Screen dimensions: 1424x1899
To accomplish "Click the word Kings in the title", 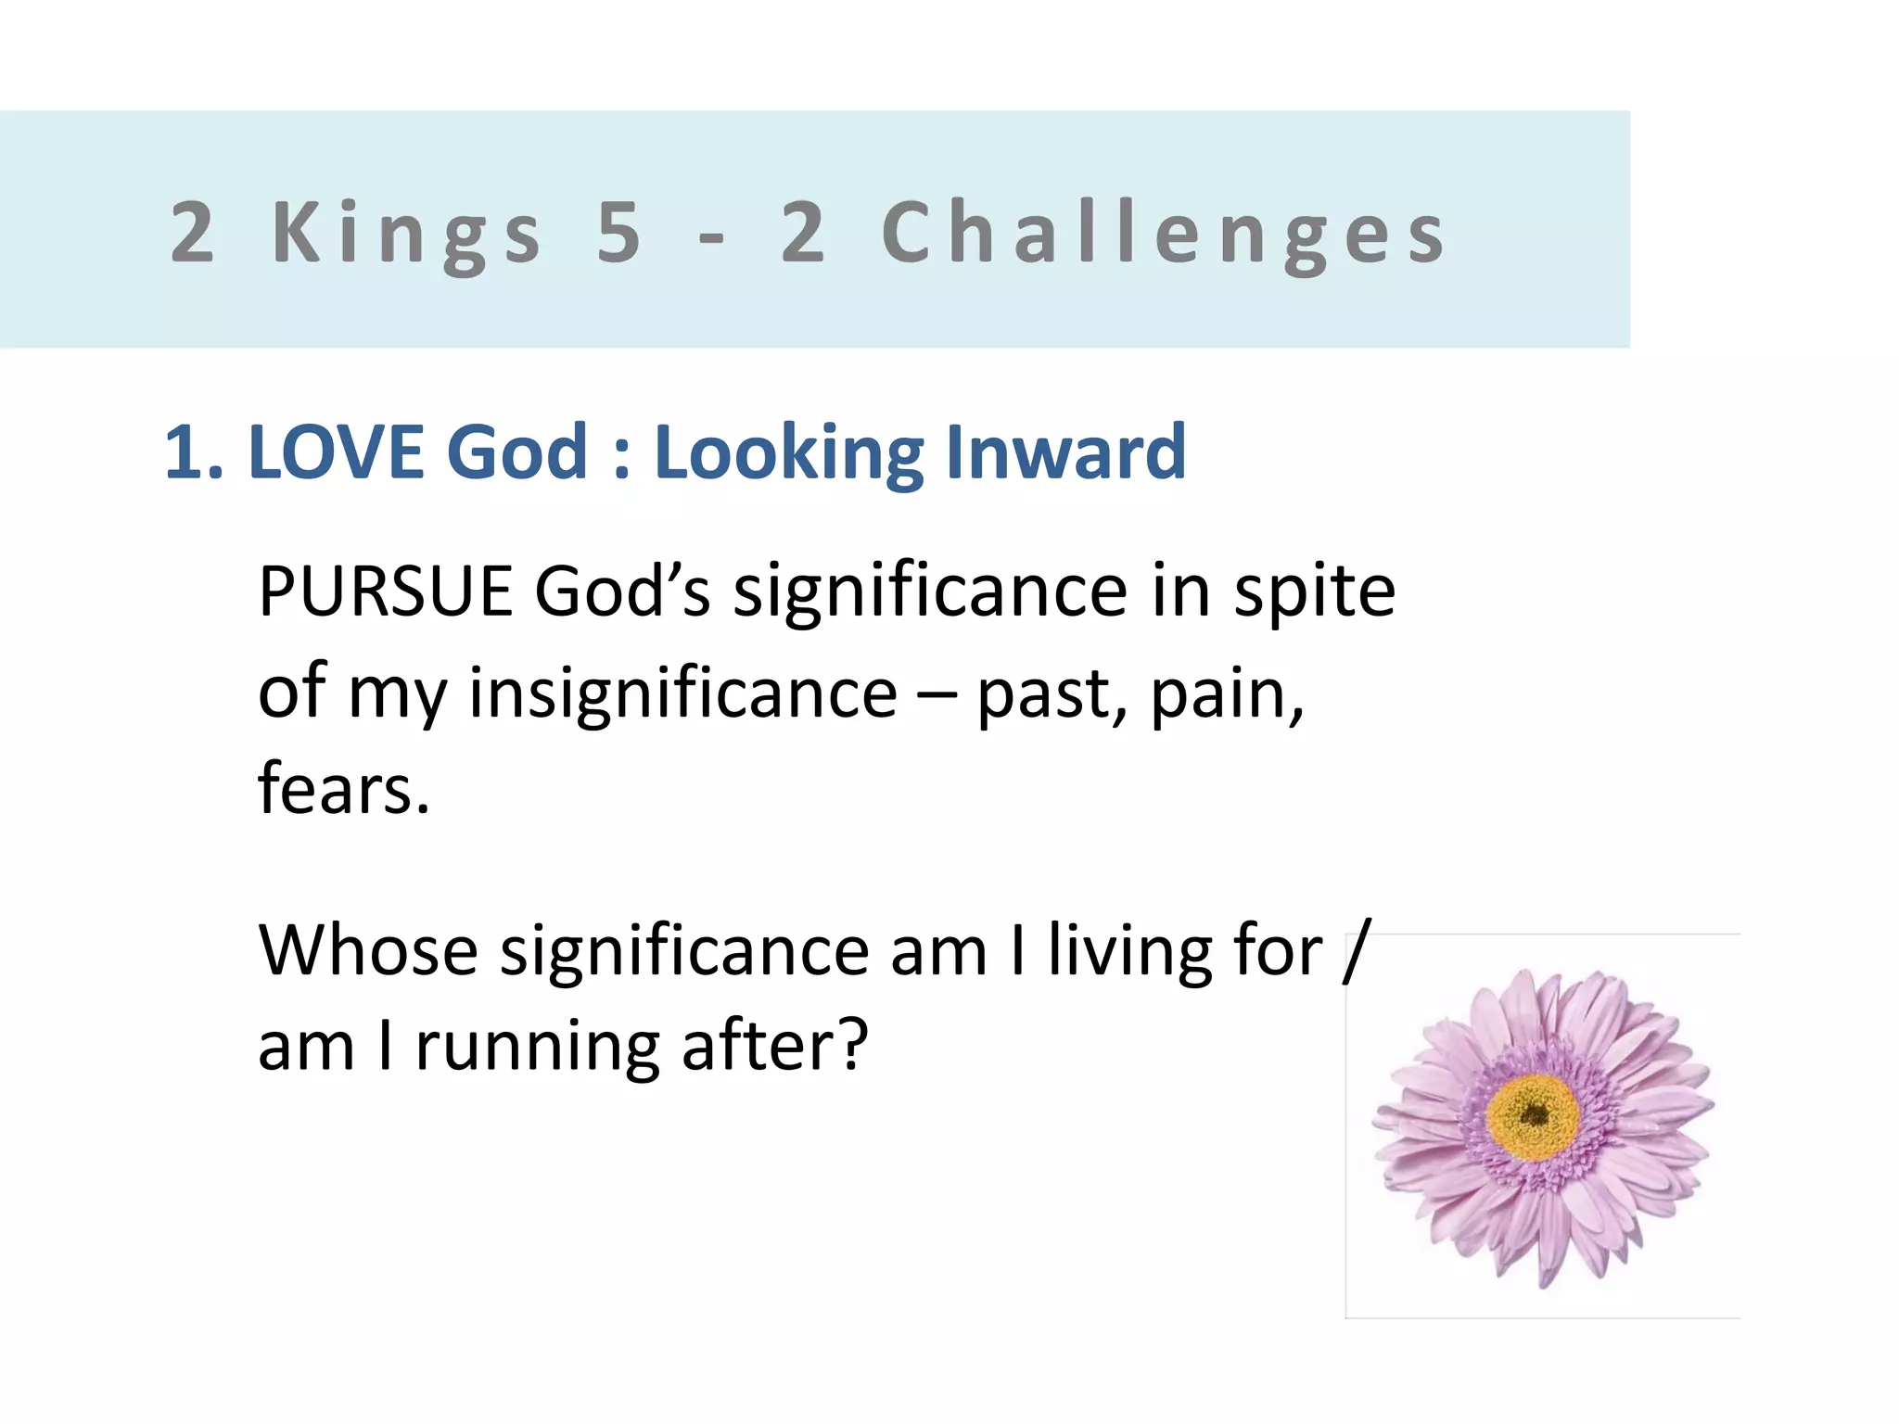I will pos(405,234).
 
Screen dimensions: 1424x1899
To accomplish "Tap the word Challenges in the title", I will pos(1164,234).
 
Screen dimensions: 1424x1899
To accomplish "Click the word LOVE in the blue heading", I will pos(339,452).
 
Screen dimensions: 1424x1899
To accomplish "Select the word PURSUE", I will pos(385,591).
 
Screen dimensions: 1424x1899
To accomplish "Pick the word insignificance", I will pos(682,693).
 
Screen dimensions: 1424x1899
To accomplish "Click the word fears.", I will pos(343,789).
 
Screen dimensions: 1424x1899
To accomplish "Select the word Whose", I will pos(367,951).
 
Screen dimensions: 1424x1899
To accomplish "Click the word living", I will pos(1129,953).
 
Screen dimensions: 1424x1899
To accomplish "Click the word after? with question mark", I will pos(774,1046).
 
